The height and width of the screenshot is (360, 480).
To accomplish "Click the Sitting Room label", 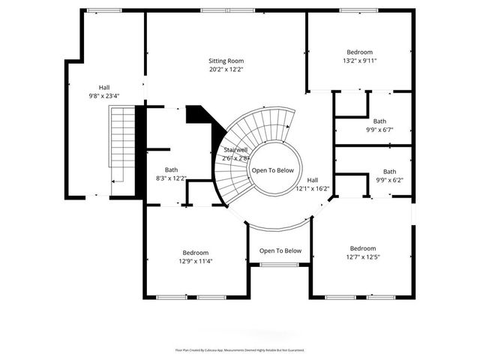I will pos(226,61).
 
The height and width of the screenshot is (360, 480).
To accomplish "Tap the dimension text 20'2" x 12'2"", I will pos(226,69).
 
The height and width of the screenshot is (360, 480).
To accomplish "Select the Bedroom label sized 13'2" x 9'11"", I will pos(359,52).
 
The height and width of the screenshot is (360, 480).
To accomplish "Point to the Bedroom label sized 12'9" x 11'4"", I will pos(196,253).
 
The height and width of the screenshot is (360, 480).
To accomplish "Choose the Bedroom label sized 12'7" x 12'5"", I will pos(363,248).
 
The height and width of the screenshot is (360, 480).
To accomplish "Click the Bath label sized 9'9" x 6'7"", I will pos(380,121).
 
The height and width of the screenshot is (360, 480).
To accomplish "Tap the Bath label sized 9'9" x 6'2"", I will pos(389,172).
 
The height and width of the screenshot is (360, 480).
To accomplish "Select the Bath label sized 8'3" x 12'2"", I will pos(172,169).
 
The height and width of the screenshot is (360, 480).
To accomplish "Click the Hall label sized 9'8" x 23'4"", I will pos(104,88).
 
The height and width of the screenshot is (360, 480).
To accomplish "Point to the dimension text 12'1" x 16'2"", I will pos(313,189).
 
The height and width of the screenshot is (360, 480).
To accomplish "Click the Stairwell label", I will pos(235,150).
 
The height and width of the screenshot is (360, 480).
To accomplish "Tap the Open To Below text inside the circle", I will pos(273,170).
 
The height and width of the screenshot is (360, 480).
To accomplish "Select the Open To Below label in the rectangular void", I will pos(280,250).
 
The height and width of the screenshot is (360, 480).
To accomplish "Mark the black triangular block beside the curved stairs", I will pos(198,115).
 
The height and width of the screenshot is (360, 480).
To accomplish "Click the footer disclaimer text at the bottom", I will pos(240,349).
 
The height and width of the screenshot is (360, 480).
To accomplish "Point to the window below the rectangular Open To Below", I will pos(279,265).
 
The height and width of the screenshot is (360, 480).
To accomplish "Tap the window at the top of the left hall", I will pos(104,10).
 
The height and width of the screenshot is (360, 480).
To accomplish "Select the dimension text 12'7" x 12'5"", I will pos(363,257).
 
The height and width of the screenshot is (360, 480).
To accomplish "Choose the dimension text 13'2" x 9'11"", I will pos(359,60).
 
